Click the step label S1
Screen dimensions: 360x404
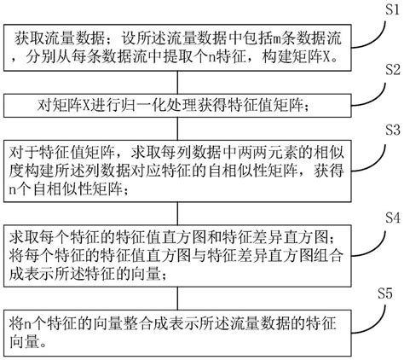384,9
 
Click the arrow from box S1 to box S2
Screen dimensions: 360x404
191,83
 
